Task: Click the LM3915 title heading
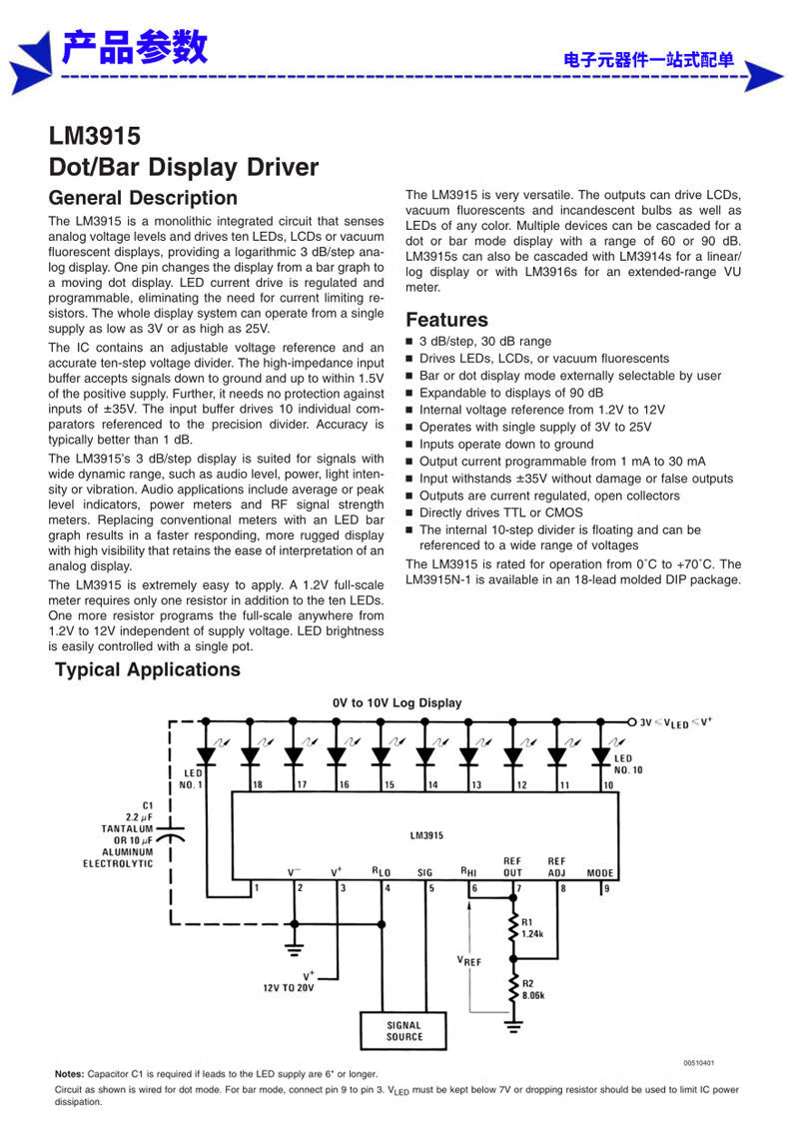click(x=95, y=137)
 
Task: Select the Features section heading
click(x=446, y=320)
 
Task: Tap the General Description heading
click(x=143, y=198)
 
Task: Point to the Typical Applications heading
click(x=148, y=669)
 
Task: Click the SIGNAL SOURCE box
click(x=403, y=1031)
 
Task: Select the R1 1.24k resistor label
click(x=532, y=928)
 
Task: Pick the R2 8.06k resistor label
click(x=532, y=989)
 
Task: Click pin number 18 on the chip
click(x=258, y=785)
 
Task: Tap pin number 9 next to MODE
click(x=605, y=887)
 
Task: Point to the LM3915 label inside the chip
click(x=426, y=835)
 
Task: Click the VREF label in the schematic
click(x=469, y=960)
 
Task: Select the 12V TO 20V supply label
click(x=289, y=986)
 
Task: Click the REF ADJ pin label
click(x=556, y=866)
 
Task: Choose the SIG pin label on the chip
click(x=424, y=872)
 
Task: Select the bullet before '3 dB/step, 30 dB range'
click(x=409, y=342)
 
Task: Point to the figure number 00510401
click(x=699, y=1063)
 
